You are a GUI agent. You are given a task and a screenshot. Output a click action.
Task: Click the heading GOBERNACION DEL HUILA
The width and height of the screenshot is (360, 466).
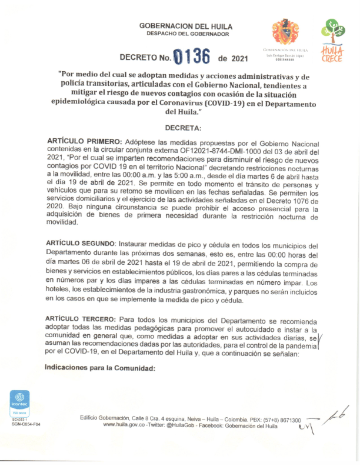(x=185, y=26)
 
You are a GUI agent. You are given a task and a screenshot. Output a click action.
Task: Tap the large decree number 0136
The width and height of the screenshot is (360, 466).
(x=191, y=58)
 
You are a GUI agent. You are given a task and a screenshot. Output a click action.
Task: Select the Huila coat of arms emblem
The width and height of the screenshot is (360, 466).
(x=285, y=33)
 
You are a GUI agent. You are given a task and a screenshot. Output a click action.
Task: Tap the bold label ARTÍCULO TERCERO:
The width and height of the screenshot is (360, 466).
(x=81, y=318)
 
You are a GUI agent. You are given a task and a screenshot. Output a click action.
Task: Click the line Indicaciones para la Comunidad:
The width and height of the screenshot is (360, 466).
(x=99, y=369)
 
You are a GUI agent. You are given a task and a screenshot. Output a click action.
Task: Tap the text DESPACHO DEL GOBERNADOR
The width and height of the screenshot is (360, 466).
(x=185, y=34)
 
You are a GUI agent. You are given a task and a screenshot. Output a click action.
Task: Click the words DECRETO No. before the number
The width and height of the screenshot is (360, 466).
(x=145, y=59)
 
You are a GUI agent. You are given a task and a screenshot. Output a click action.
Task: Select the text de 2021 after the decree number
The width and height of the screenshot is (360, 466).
(x=233, y=59)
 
